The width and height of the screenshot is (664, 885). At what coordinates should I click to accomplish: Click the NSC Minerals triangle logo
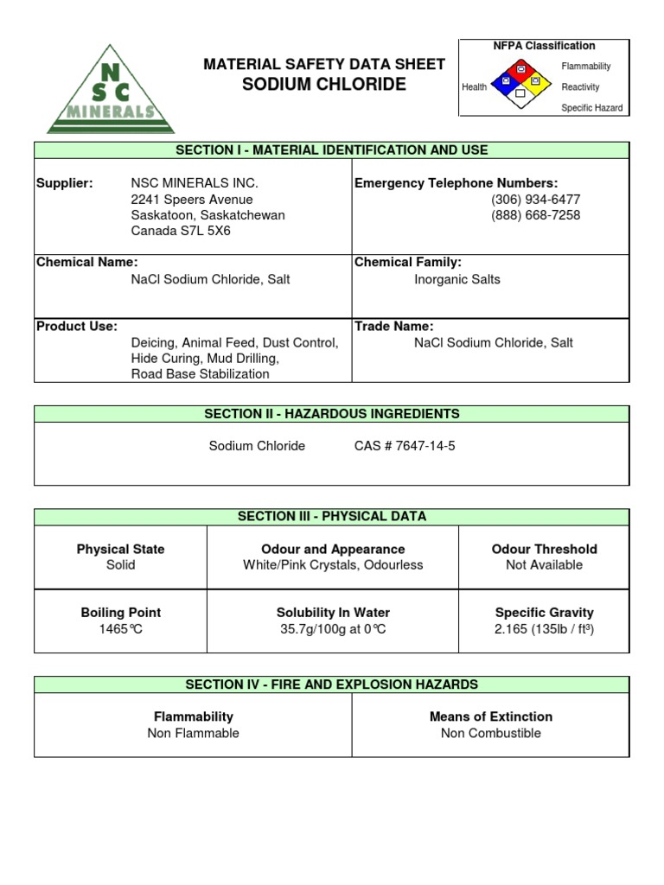tap(110, 91)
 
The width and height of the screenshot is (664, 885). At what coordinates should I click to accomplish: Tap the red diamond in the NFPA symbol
tap(520, 69)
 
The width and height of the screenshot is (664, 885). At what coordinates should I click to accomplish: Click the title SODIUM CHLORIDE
tap(323, 85)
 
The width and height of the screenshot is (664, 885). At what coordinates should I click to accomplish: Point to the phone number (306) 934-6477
tap(535, 200)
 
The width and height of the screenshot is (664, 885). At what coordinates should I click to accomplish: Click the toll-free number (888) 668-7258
tap(535, 215)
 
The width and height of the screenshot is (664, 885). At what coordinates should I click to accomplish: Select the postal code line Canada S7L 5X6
tap(181, 231)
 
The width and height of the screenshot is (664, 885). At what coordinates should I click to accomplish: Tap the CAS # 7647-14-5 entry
tap(404, 446)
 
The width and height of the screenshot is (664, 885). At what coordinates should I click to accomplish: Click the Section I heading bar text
tap(332, 150)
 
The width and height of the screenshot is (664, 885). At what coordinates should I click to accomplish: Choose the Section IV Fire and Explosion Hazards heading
tap(332, 684)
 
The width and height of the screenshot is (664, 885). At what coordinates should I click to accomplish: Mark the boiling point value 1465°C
tap(120, 629)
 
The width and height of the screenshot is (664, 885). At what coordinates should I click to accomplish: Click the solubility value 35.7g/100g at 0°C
tap(333, 629)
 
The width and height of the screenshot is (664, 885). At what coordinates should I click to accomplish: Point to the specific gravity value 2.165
tap(544, 629)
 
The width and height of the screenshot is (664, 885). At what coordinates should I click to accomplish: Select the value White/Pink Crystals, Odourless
tap(333, 565)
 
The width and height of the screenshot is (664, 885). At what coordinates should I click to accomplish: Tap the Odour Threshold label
tap(544, 549)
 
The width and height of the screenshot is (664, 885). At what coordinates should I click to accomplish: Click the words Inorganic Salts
tap(457, 279)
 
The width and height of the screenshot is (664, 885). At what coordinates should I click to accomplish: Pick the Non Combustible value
tap(490, 733)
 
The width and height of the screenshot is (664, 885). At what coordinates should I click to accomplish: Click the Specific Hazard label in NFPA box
tap(591, 108)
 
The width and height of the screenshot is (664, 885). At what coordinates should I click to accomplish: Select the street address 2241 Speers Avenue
tap(192, 200)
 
